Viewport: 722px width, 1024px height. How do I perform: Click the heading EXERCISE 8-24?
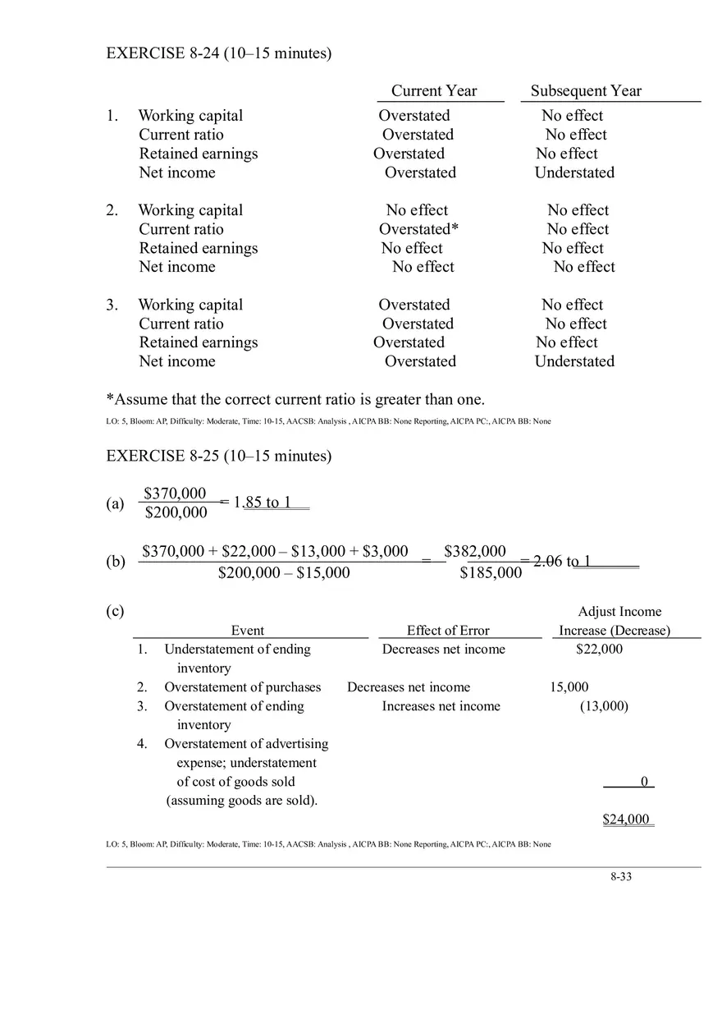click(218, 53)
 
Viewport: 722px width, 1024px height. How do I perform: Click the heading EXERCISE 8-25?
click(218, 456)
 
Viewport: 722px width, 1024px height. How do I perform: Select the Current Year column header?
click(433, 91)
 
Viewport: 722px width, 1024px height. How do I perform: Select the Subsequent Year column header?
click(586, 91)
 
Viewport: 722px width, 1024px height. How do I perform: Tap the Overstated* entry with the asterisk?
click(418, 229)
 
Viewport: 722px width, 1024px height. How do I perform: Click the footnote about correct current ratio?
click(295, 400)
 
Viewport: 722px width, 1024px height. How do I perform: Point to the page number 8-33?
click(621, 876)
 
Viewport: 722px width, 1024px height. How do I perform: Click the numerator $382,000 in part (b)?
click(475, 551)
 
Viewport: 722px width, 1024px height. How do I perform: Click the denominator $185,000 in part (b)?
click(490, 572)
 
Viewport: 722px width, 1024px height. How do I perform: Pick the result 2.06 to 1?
click(562, 561)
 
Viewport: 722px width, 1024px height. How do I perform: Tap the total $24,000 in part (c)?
click(626, 819)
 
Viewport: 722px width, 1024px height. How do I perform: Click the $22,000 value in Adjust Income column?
click(599, 650)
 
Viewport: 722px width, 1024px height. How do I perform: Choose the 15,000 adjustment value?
click(569, 687)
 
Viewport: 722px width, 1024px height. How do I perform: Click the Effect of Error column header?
click(448, 631)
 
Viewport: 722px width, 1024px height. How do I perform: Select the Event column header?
click(248, 631)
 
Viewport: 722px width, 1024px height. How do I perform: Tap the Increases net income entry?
click(441, 706)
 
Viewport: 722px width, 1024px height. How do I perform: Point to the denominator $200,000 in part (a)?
click(176, 513)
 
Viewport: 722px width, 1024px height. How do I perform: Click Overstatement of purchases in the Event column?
click(242, 687)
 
